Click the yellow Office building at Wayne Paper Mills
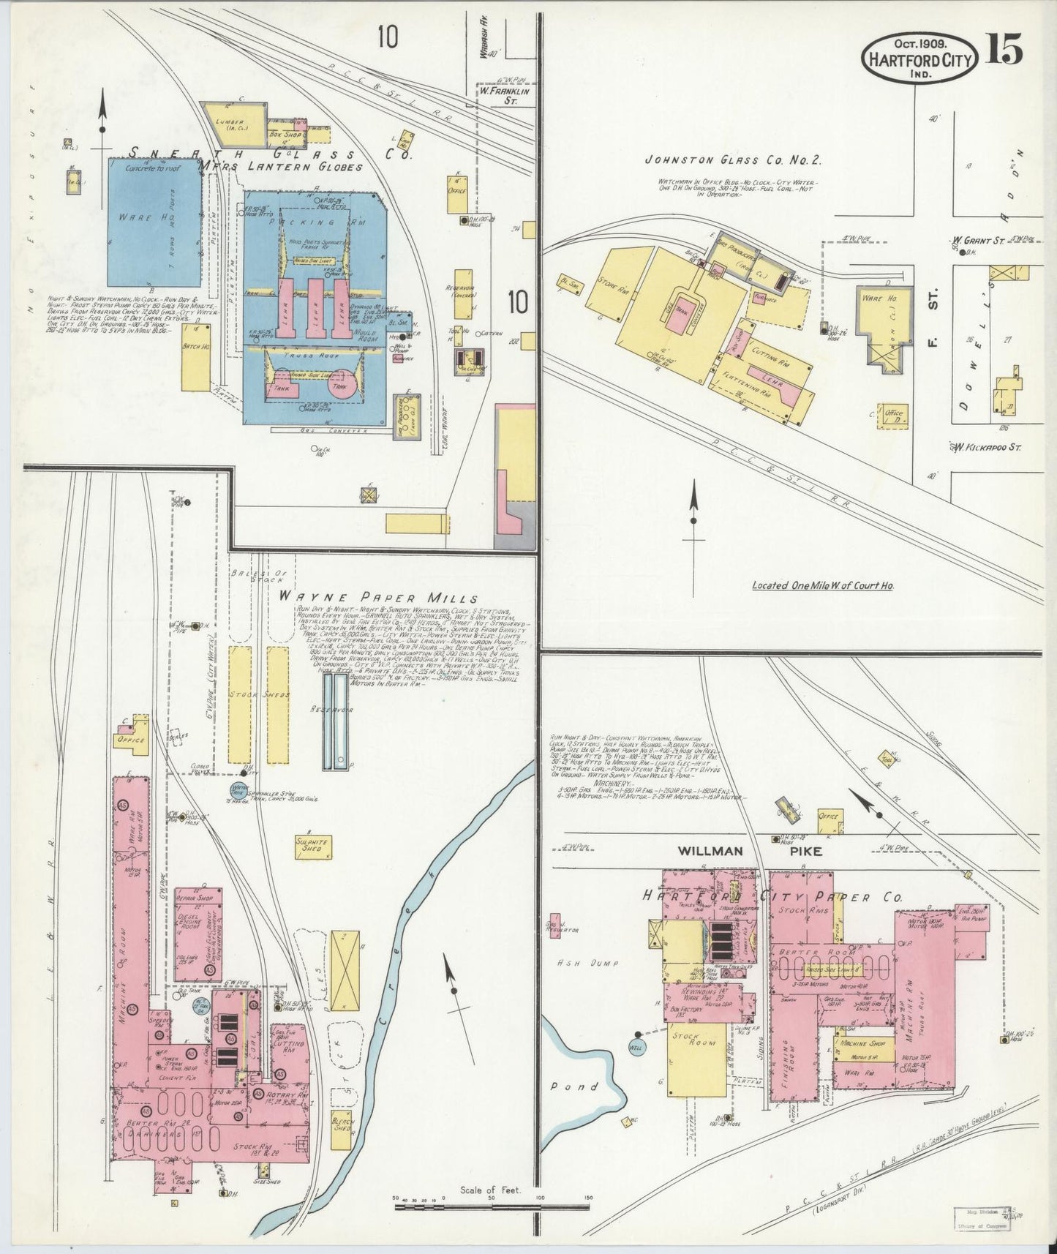132,738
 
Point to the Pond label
584,1086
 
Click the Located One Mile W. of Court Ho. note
823,585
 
